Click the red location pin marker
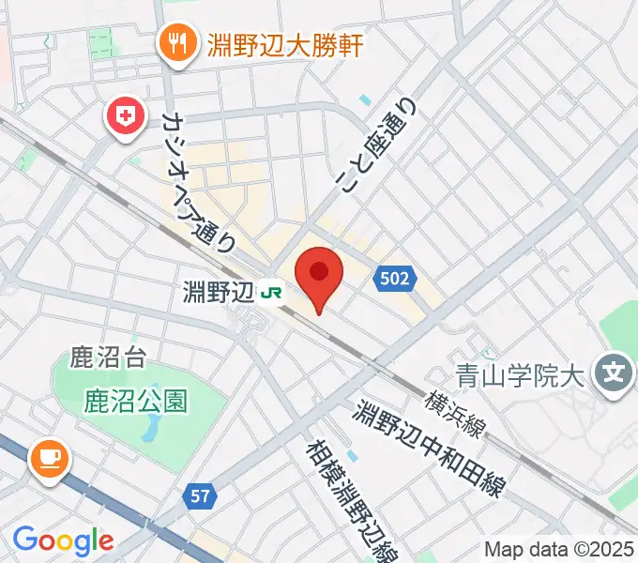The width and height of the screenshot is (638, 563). pos(318,275)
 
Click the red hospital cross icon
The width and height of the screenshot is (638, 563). pos(124,116)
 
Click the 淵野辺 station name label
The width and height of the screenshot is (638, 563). pos(219,293)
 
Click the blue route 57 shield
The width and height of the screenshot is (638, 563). pos(201,495)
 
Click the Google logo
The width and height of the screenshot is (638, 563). pos(63,540)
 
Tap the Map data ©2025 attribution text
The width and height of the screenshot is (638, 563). pos(557,550)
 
